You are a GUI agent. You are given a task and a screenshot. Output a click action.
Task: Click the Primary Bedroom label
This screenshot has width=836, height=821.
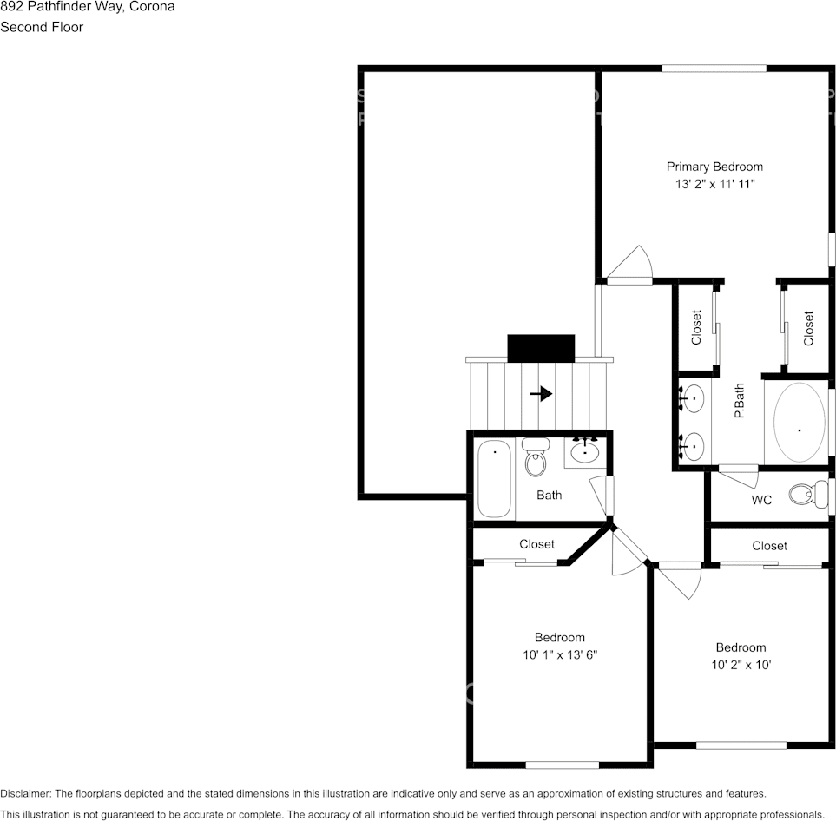714,167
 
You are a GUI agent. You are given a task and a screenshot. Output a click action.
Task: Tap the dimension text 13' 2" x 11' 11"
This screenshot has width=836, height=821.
714,185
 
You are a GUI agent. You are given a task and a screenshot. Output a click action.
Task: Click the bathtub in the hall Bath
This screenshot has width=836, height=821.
494,479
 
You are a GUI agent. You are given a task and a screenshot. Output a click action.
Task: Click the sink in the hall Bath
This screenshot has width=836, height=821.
586,451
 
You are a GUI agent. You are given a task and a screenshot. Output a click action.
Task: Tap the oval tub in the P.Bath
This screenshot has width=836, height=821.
799,422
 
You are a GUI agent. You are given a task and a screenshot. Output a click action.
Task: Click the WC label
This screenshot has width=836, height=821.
761,501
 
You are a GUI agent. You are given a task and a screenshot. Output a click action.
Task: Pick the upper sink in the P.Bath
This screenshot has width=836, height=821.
693,401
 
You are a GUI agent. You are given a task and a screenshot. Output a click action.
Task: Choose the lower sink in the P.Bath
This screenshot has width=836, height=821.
693,447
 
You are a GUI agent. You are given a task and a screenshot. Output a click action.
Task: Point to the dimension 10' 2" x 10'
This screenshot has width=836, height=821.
741,665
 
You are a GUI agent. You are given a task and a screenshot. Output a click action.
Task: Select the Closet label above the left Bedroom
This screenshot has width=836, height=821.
536,544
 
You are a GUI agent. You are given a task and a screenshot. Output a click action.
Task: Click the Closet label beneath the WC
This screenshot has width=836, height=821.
769,546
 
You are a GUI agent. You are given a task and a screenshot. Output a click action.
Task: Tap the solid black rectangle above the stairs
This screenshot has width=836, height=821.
541,348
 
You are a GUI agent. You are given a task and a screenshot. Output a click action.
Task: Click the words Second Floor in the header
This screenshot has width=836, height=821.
42,27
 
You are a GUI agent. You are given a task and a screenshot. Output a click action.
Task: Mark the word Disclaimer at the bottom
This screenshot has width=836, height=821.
25,793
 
